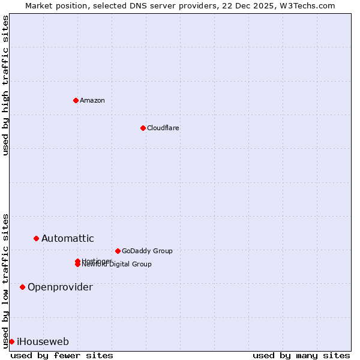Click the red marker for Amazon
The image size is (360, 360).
(x=76, y=100)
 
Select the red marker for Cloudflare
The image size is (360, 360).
(x=143, y=128)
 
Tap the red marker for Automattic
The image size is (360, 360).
(x=36, y=238)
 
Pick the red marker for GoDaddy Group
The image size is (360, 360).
(x=118, y=251)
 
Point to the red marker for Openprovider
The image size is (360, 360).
(x=22, y=287)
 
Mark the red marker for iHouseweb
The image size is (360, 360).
(x=11, y=341)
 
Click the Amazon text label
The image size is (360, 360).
(x=92, y=100)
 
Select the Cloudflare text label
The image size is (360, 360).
(x=163, y=128)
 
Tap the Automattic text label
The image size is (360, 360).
(x=67, y=238)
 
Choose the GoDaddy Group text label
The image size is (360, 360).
(x=147, y=251)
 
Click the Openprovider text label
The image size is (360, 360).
(x=60, y=287)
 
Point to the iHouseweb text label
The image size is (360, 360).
(x=43, y=341)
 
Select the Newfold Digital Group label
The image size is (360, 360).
(x=117, y=265)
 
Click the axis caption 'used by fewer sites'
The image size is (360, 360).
(x=62, y=356)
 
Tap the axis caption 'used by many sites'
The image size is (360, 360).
(x=301, y=356)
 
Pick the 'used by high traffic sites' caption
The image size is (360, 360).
(x=5, y=85)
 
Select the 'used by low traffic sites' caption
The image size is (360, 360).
(x=5, y=280)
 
